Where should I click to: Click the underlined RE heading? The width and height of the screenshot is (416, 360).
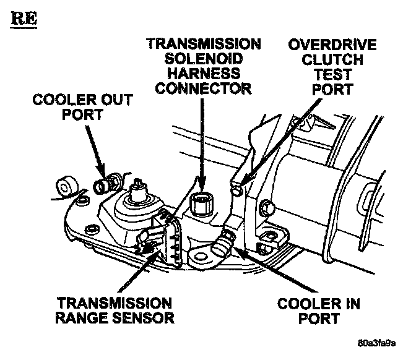(23, 17)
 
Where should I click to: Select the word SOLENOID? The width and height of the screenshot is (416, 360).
(204, 59)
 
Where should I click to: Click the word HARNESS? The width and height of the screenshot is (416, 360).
(204, 74)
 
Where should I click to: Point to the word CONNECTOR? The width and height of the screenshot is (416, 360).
(204, 89)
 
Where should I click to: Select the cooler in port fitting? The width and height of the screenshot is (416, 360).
(221, 245)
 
